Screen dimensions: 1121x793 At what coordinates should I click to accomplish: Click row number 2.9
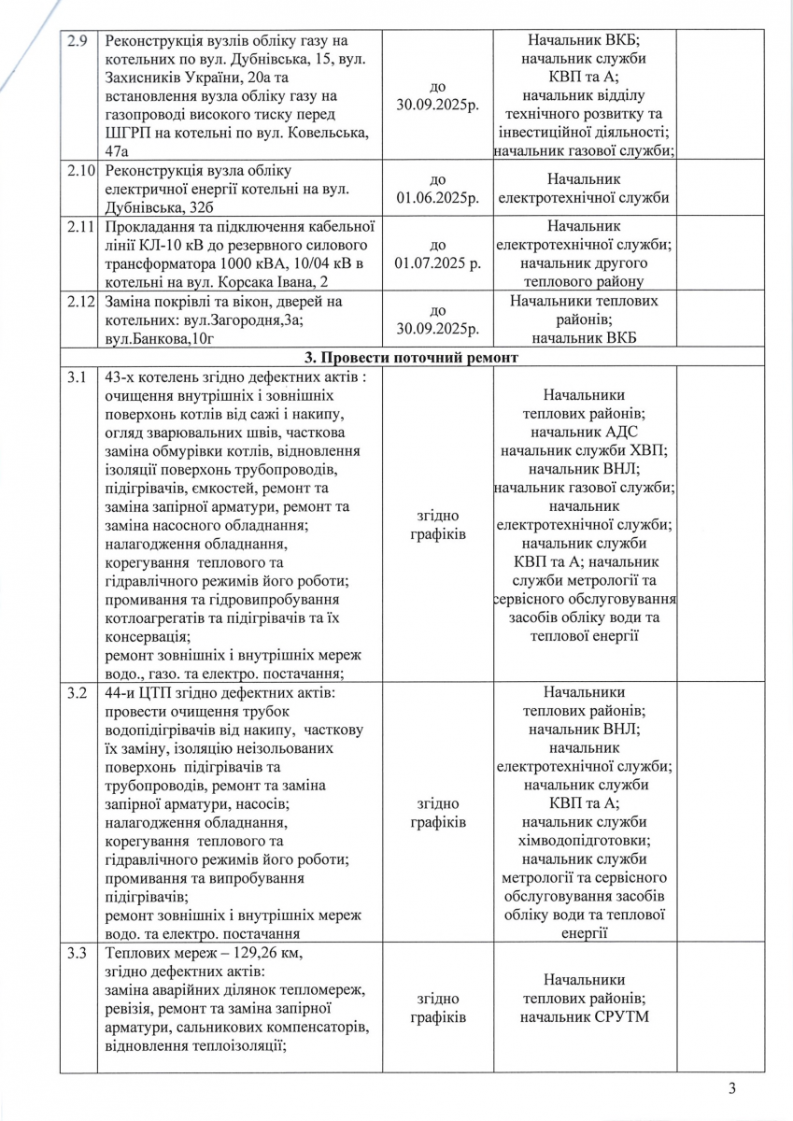(x=74, y=41)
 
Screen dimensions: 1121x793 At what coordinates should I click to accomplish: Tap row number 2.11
(x=78, y=225)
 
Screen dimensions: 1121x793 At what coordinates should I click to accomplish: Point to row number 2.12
(x=78, y=302)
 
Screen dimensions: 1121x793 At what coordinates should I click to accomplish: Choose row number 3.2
(x=74, y=694)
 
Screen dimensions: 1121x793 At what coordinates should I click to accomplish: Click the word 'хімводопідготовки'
(x=586, y=840)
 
